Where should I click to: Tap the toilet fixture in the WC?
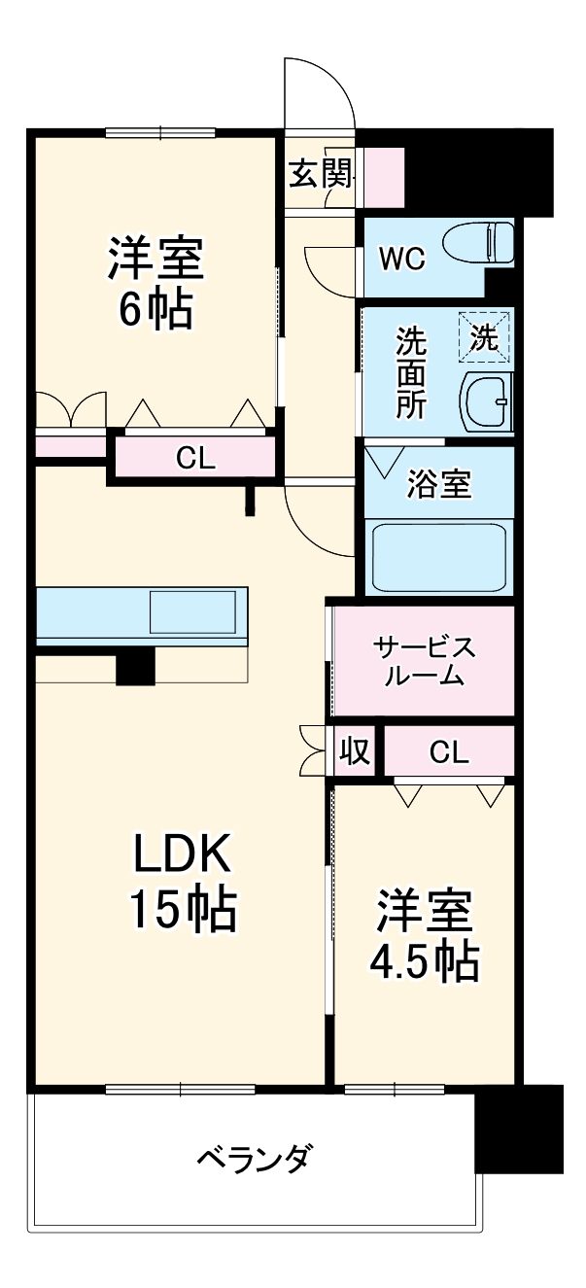tap(476, 243)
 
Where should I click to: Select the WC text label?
tap(401, 260)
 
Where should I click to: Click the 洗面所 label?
tap(410, 372)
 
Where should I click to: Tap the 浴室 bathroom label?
tap(437, 484)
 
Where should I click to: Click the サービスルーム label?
tap(424, 662)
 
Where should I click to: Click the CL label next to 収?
tap(448, 751)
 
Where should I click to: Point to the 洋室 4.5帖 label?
tap(425, 934)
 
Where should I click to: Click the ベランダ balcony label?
tap(255, 1158)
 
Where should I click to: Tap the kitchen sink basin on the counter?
tap(191, 612)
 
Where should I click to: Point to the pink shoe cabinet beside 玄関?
tap(381, 176)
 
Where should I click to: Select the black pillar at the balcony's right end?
tap(519, 1129)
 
